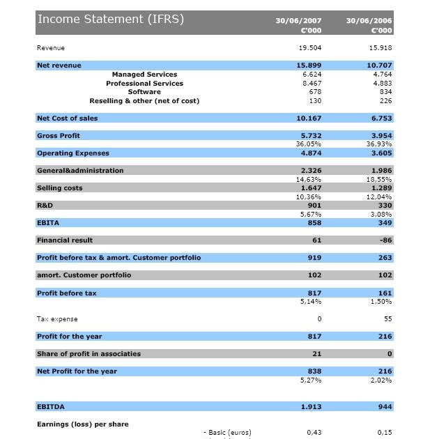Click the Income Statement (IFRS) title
coord(110,20)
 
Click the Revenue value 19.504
coord(309,48)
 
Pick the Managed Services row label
coord(144,75)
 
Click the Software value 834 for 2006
coord(384,92)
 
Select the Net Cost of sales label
coord(67,118)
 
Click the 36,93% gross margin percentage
coord(380,144)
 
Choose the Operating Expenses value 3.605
coord(381,153)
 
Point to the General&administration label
coord(80,171)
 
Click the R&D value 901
coord(314,206)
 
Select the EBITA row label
coord(48,223)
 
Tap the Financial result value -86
coord(385,240)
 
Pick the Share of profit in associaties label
coord(89,354)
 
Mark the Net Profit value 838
coord(314,371)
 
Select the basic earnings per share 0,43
coord(314,433)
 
